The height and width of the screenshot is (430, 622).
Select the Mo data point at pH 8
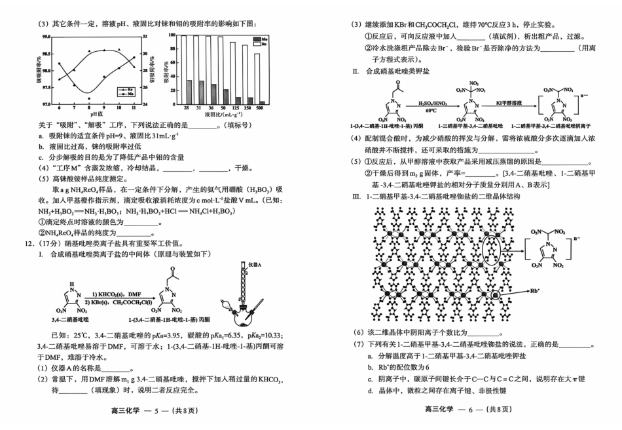pos(89,98)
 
